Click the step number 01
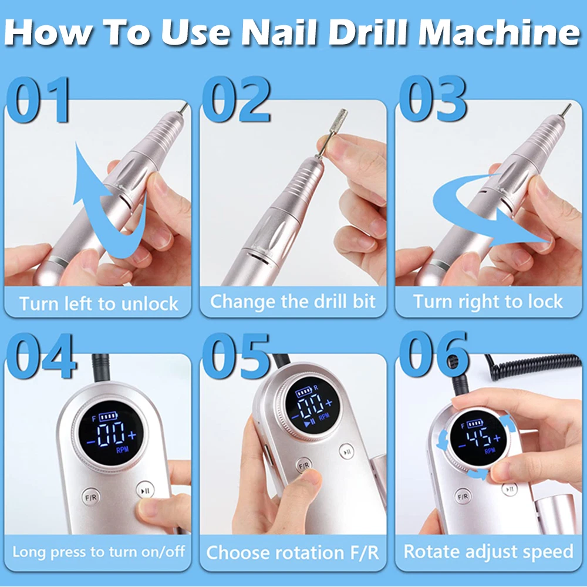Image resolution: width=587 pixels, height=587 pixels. click(38, 100)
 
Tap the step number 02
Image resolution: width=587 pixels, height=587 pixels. click(236, 99)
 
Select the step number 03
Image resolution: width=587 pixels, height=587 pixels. click(433, 99)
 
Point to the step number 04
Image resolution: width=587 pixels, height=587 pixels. click(41, 356)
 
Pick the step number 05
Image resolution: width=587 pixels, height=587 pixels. click(236, 356)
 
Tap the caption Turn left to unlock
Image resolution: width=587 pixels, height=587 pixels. click(99, 303)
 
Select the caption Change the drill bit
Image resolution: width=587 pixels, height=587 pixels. click(293, 302)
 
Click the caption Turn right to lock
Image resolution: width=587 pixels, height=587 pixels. click(488, 302)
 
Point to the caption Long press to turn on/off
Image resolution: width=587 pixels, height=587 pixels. click(99, 552)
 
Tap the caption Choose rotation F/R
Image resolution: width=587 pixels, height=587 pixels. click(293, 552)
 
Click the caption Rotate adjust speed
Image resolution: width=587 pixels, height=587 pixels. click(488, 552)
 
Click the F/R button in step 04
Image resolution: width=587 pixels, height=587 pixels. click(91, 498)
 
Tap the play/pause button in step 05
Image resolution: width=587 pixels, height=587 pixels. click(347, 452)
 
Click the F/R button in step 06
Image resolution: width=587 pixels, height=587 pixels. click(463, 497)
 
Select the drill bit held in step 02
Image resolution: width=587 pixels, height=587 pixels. click(331, 133)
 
